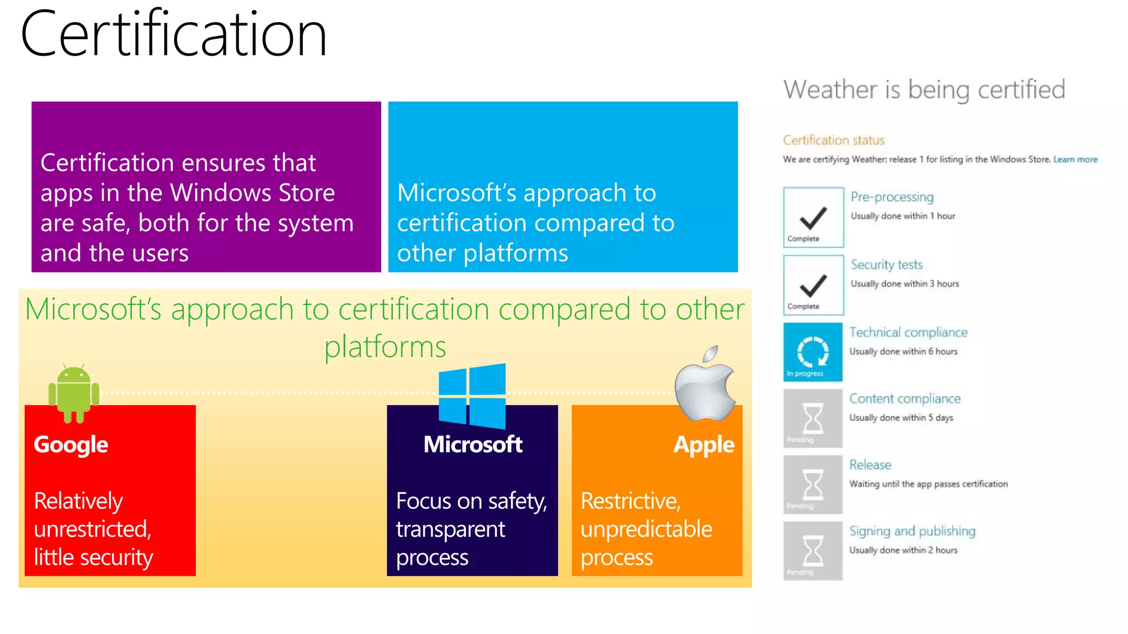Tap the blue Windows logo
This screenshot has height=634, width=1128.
click(472, 396)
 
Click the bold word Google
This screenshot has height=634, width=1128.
click(71, 445)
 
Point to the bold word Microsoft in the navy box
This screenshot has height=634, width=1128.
click(473, 445)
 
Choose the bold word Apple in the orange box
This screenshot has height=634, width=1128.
click(703, 445)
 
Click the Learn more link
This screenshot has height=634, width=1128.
click(1075, 160)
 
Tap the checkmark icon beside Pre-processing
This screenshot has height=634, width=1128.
click(813, 217)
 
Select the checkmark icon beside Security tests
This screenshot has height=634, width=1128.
click(813, 285)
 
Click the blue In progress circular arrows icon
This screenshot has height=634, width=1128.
click(813, 352)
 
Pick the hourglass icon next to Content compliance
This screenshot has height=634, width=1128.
click(813, 419)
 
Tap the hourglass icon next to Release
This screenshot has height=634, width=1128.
click(813, 485)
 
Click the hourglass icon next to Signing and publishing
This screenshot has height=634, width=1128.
click(813, 551)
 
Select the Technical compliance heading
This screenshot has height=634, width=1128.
click(908, 332)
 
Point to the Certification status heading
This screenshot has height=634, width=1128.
click(833, 140)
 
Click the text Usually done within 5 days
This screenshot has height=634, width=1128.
click(901, 418)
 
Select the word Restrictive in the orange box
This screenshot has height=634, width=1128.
click(631, 501)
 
